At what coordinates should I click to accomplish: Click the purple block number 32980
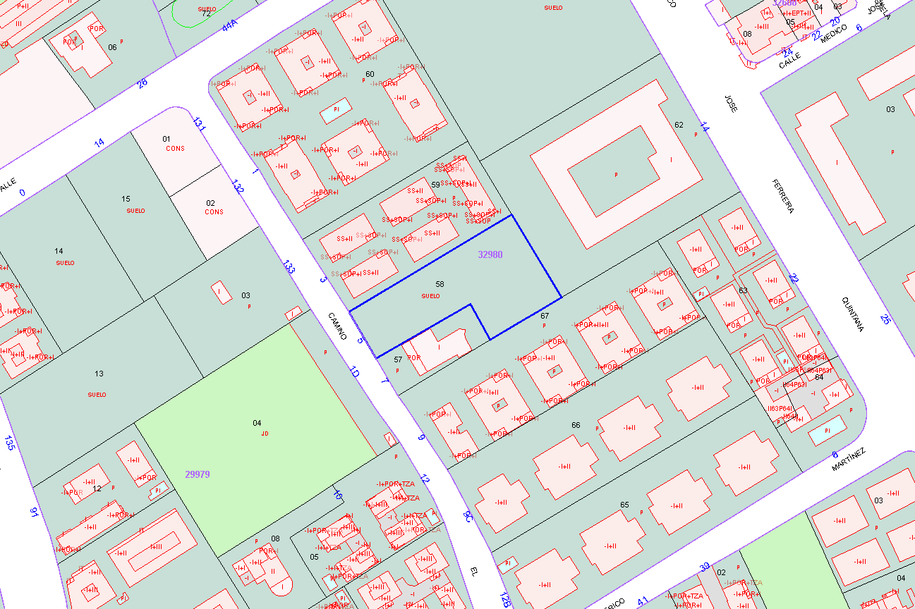[490, 254]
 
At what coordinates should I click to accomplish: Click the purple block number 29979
[197, 474]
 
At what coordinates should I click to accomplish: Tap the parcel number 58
[440, 284]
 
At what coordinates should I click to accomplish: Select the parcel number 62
[679, 125]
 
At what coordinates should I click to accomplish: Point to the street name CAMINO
[337, 326]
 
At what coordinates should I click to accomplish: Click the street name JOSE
[732, 103]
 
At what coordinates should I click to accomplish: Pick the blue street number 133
[289, 266]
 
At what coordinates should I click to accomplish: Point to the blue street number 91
[33, 512]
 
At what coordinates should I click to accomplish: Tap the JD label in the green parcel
[265, 433]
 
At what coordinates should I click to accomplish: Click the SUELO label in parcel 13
[97, 395]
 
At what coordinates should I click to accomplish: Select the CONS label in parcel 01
[175, 149]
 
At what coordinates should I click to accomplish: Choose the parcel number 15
[126, 199]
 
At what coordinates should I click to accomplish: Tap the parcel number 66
[576, 425]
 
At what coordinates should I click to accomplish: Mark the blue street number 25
[885, 319]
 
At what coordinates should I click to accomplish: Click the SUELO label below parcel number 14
[65, 263]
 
